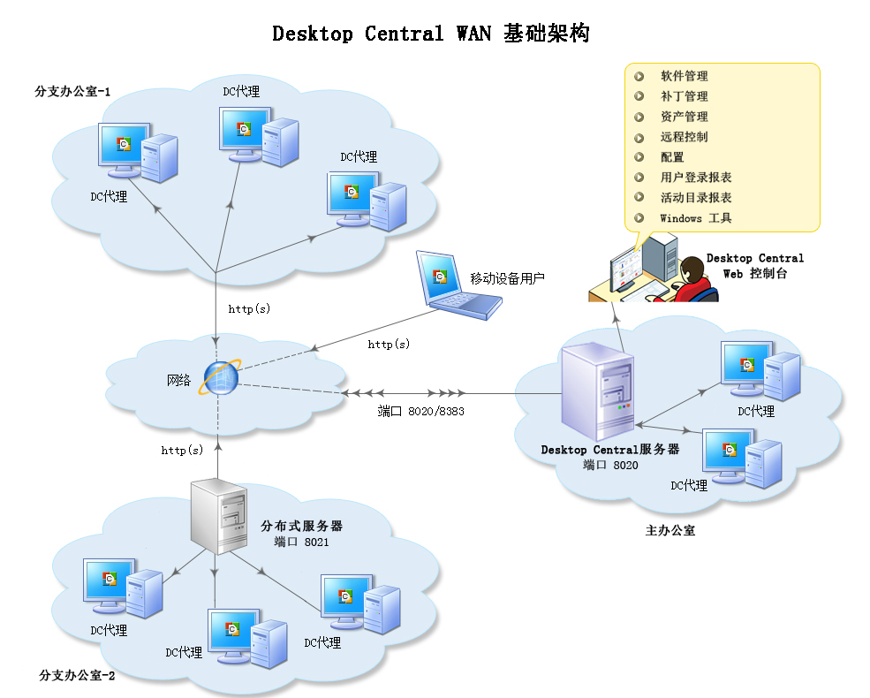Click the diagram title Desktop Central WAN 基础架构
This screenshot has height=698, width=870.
pos(430,34)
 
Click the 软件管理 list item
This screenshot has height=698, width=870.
pos(684,76)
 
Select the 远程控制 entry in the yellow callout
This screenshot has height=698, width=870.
pos(684,137)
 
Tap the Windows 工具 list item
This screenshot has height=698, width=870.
pos(695,218)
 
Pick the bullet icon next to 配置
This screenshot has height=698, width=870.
pos(639,157)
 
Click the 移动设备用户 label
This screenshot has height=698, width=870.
pos(507,278)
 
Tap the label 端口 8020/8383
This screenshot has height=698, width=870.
pos(421,412)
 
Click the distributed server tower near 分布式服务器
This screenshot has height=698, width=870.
pos(220,516)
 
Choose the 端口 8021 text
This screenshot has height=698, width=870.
pos(301,542)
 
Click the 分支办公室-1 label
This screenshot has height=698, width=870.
pos(72,91)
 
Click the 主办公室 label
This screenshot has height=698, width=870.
pos(670,531)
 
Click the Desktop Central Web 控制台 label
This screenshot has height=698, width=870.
pos(754,266)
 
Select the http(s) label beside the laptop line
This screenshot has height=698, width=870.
pos(389,345)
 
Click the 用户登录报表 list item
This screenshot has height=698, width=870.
pos(695,178)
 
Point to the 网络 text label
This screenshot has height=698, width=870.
pos(178,381)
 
